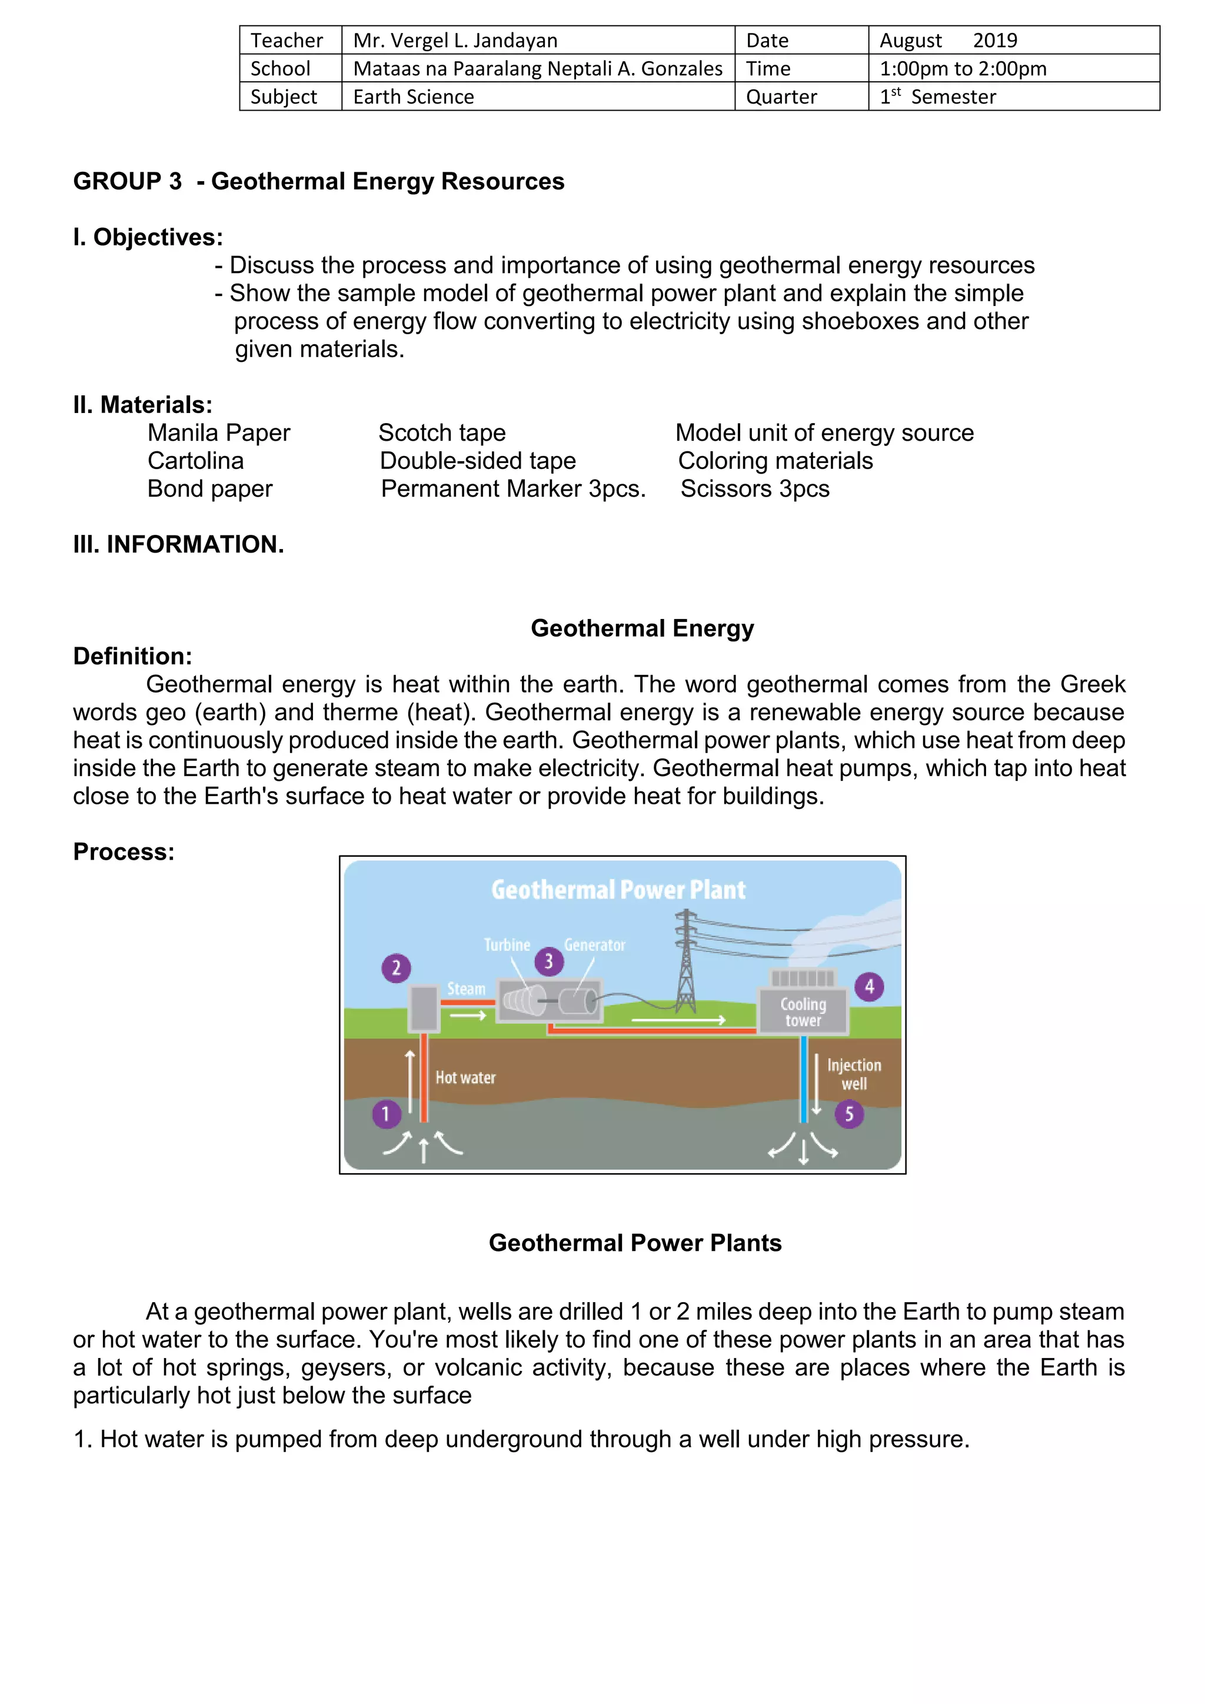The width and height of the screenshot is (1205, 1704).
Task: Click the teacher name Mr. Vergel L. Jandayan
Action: tap(455, 40)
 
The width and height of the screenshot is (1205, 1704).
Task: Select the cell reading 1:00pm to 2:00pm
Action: tap(963, 68)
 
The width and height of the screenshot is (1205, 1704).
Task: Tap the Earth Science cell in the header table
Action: tap(413, 96)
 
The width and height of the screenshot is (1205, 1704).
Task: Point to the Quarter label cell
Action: tap(781, 96)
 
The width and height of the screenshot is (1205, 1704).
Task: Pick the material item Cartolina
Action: tap(195, 461)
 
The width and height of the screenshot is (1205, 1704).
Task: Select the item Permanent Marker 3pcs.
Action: tap(512, 489)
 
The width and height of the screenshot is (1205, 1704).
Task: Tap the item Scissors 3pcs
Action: tap(755, 489)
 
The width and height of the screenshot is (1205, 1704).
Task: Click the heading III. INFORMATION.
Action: tap(178, 544)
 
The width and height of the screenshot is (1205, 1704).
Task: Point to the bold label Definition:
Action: tap(132, 656)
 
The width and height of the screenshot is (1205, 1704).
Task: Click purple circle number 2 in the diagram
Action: tap(396, 968)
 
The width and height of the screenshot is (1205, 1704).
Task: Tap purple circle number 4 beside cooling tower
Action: tap(869, 987)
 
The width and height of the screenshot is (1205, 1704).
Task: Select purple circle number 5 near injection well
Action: tap(849, 1114)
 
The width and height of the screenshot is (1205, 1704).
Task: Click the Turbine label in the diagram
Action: tap(507, 945)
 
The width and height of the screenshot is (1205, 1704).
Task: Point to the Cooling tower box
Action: tap(803, 1011)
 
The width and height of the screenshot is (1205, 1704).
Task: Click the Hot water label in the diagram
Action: tap(465, 1077)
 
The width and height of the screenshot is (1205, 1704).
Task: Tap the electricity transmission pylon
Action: tap(685, 965)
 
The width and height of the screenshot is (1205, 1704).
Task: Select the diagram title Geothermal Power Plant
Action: tap(618, 890)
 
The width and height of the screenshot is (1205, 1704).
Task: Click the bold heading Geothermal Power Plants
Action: tap(635, 1243)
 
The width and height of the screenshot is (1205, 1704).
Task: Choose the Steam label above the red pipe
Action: tap(466, 989)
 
